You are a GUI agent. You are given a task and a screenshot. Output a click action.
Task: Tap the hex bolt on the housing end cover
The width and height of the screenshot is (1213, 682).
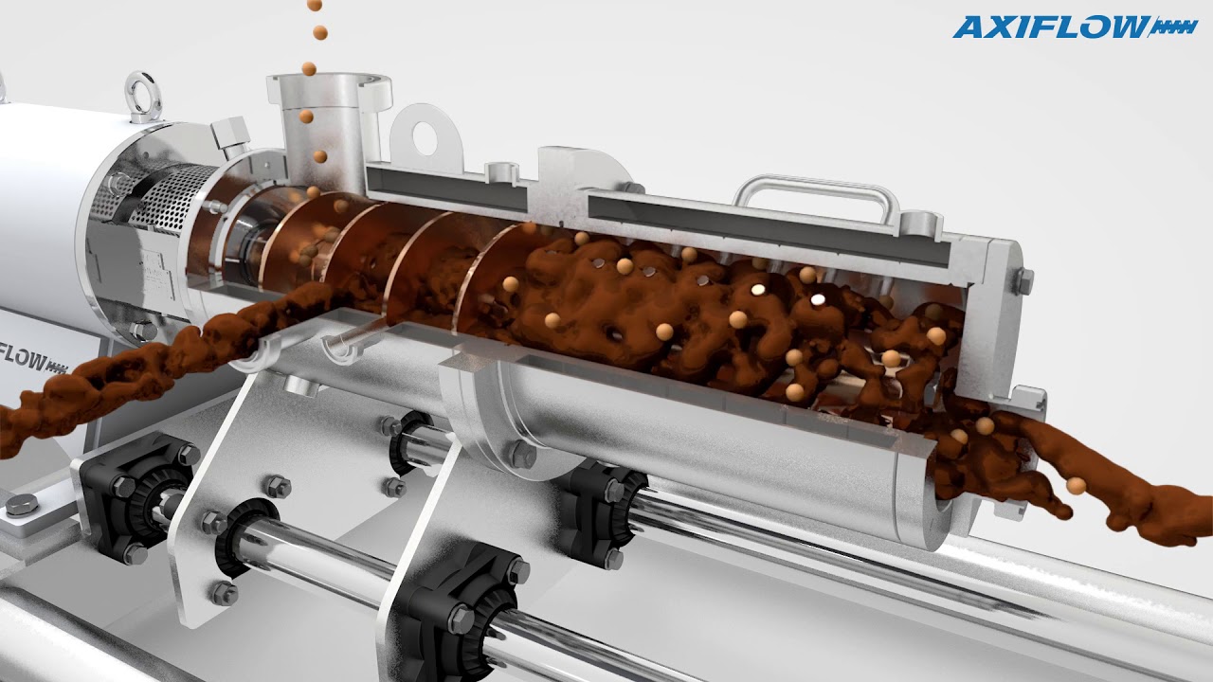pos(1024,280)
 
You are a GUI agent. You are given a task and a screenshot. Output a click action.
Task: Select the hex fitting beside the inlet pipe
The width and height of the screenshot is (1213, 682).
pos(231,136)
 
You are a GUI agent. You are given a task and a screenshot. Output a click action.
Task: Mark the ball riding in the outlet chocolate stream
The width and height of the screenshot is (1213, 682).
pos(1076,486)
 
